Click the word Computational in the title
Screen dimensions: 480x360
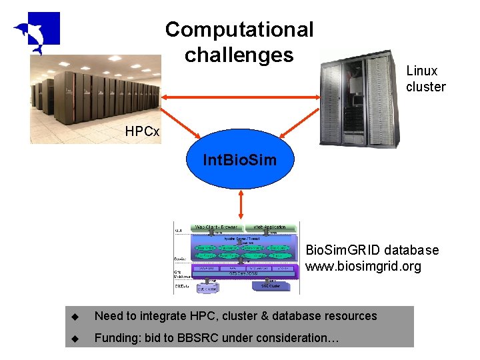pos(239,29)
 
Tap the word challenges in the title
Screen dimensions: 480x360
pos(239,55)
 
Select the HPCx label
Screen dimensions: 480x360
pos(142,131)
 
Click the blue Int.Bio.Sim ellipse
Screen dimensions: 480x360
pos(239,160)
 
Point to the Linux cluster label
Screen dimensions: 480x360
pos(425,79)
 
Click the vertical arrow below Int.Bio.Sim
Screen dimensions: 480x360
pos(240,204)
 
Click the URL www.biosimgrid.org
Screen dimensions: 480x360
pos(363,267)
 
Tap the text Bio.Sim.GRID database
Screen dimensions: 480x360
pos(372,251)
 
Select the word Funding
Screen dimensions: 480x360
pos(117,338)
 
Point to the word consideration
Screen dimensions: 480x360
pos(297,338)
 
